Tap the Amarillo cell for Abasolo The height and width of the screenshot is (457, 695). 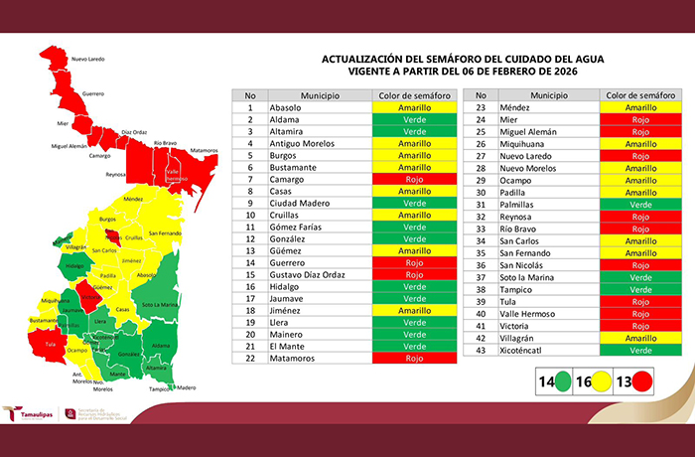coord(414,107)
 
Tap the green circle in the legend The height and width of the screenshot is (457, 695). coord(562,380)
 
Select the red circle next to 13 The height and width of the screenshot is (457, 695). coord(641,380)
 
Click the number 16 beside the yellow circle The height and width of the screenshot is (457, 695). coord(586,380)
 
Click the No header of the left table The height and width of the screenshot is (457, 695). coord(251,94)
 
